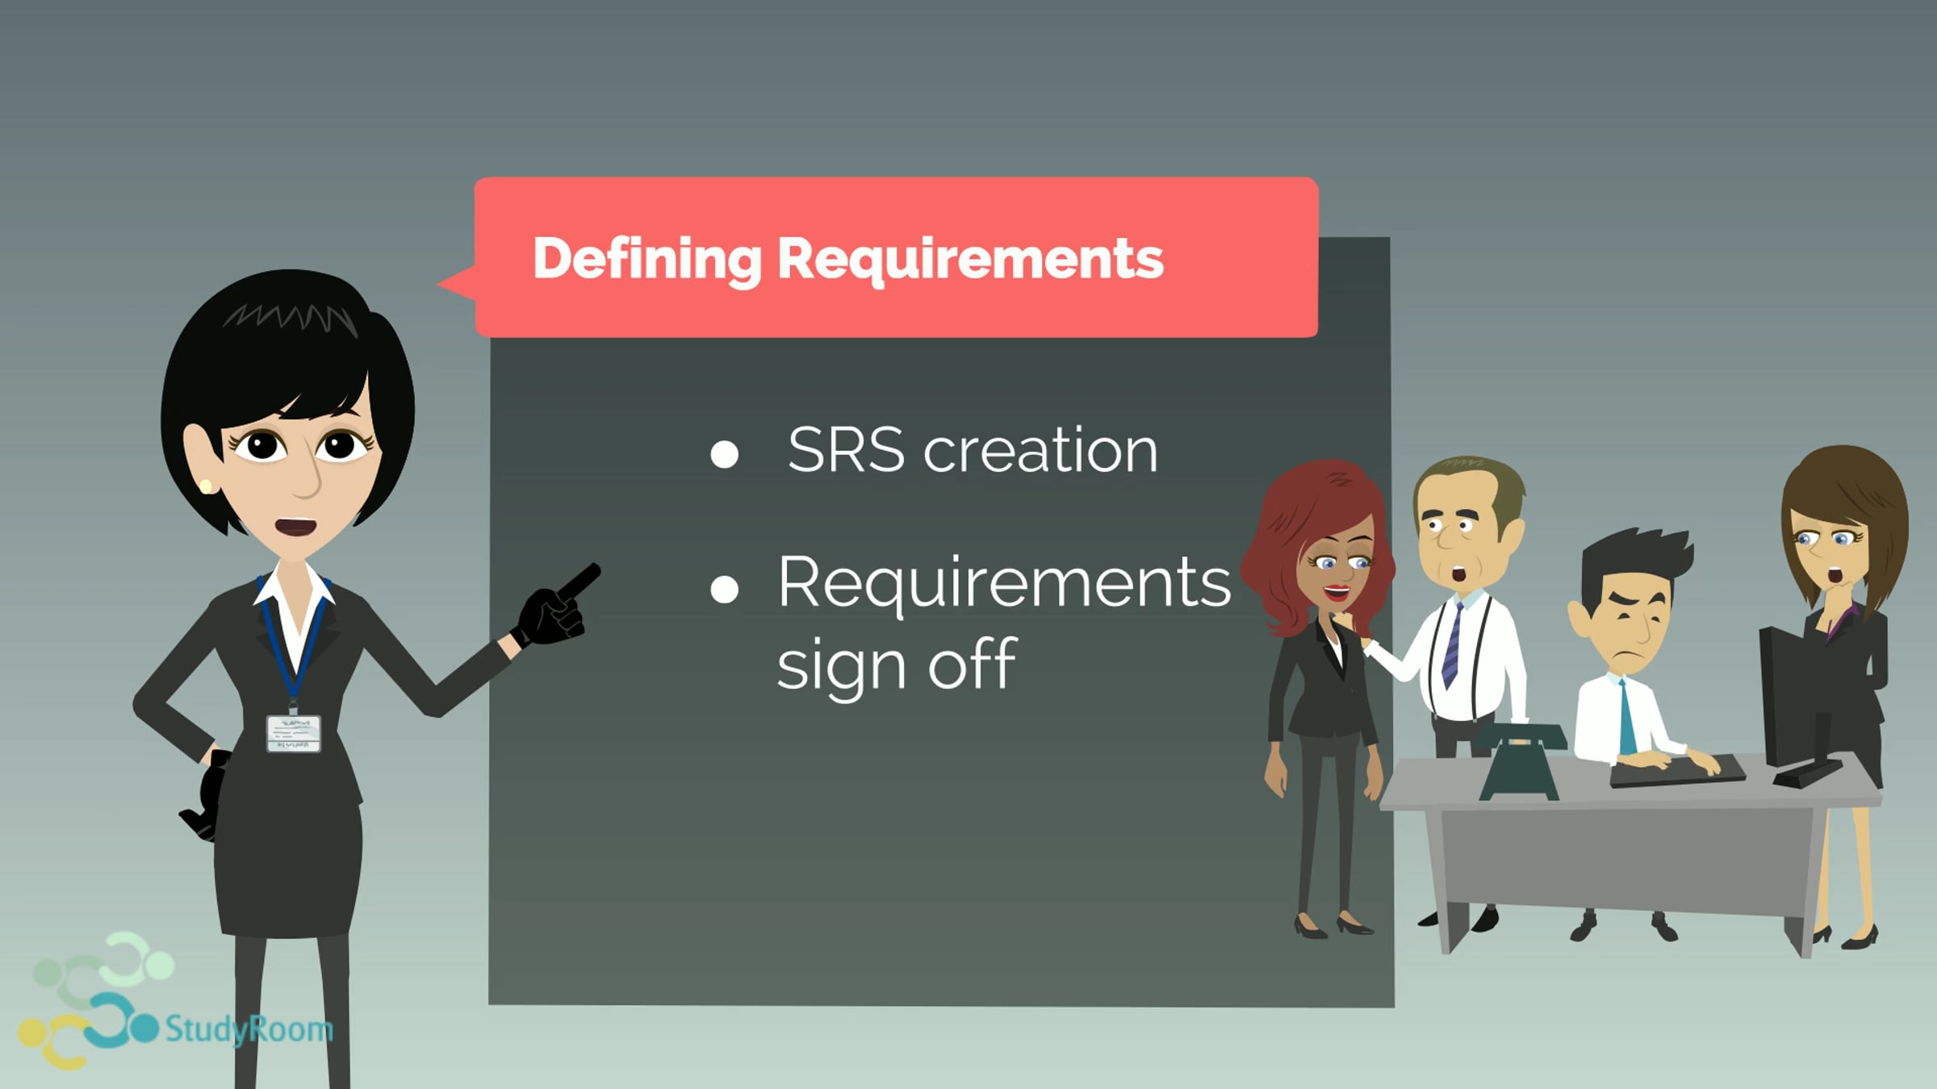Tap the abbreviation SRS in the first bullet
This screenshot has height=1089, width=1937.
pyautogui.click(x=845, y=449)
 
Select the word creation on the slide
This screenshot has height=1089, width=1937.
pyautogui.click(x=1040, y=449)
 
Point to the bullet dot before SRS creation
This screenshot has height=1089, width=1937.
pyautogui.click(x=724, y=454)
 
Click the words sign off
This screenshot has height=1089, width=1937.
pyautogui.click(x=896, y=665)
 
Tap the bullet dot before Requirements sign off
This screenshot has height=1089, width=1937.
pyautogui.click(x=724, y=589)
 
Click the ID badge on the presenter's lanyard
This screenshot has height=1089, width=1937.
pyautogui.click(x=294, y=733)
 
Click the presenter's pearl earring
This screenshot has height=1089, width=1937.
pyautogui.click(x=206, y=486)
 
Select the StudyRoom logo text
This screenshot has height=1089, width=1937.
pyautogui.click(x=249, y=1029)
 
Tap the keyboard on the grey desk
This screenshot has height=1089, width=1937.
pyautogui.click(x=1677, y=770)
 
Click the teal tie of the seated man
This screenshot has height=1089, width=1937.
pyautogui.click(x=1628, y=718)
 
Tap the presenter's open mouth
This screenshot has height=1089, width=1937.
pyautogui.click(x=295, y=527)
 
